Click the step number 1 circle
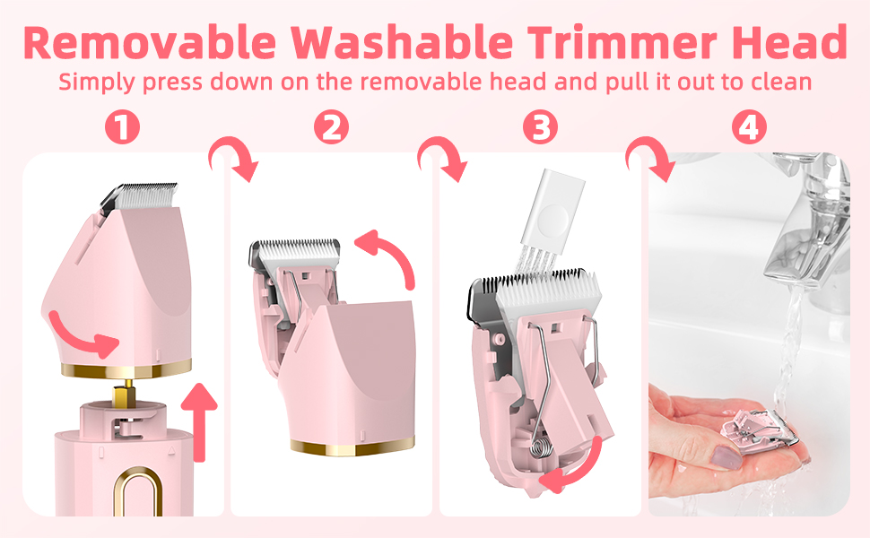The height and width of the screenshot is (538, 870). [122, 127]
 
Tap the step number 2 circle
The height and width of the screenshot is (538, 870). [331, 127]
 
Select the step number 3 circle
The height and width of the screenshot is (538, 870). [541, 127]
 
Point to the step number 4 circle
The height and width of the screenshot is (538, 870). [749, 127]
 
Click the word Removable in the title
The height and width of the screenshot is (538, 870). [150, 43]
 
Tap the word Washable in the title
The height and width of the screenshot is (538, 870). [402, 43]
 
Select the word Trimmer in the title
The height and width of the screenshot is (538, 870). [622, 43]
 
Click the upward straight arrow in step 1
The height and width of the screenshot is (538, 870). [199, 421]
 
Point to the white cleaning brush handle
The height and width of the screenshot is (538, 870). [553, 207]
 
